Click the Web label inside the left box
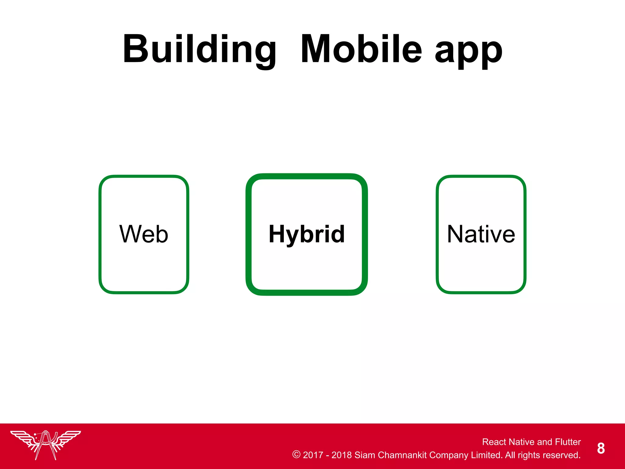coord(143,234)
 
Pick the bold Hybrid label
coord(307,234)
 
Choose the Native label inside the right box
coord(481,234)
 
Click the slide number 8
coord(601,448)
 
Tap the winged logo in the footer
coord(45,444)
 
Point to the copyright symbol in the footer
coord(296,454)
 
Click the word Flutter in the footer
coord(568,442)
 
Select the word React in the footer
coord(494,442)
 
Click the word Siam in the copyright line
coord(365,455)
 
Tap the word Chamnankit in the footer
coord(402,455)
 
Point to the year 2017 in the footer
coord(313,455)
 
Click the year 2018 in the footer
coord(341,455)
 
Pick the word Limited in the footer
coord(486,455)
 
